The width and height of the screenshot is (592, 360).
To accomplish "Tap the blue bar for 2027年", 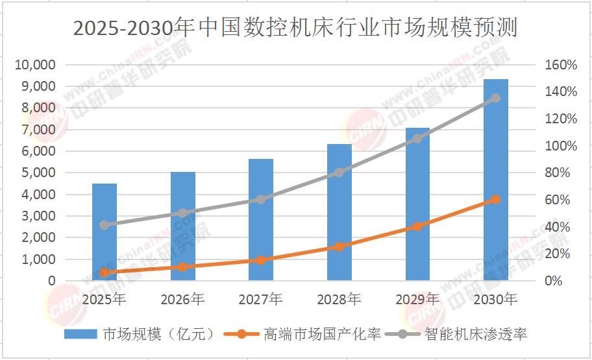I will (x=261, y=220).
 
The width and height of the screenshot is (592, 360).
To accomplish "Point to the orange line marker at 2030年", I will (x=495, y=200).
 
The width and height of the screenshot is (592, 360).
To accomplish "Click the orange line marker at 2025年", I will (x=105, y=272).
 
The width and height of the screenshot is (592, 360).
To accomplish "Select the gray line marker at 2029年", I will (x=417, y=138).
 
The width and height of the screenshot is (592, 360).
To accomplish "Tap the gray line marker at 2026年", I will (x=182, y=213).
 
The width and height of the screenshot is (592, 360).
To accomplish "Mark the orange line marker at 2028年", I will (x=339, y=246).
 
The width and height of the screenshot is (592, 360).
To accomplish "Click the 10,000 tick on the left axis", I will (x=38, y=65).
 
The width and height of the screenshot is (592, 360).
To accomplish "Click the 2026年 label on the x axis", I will (x=182, y=300).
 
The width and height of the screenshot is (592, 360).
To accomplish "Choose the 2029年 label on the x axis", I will (x=417, y=300).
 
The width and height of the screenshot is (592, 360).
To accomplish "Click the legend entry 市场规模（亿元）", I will (x=139, y=335).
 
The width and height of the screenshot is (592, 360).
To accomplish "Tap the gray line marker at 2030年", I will (x=495, y=98).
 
